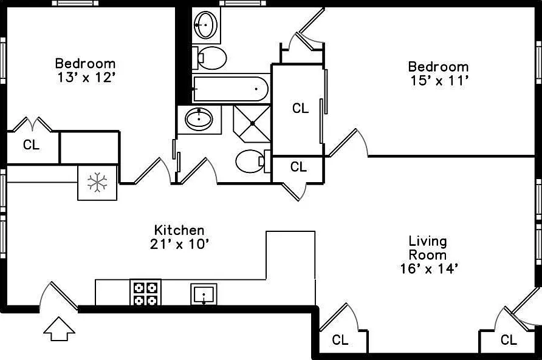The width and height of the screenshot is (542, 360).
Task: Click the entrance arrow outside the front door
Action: click(59, 329)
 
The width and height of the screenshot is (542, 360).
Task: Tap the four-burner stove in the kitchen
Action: click(145, 292)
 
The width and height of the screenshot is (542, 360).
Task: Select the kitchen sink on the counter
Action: click(204, 294)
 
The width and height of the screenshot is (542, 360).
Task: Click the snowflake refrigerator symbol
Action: click(97, 182)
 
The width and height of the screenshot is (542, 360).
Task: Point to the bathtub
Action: click(231, 89)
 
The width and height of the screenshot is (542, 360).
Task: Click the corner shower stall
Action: click(252, 124)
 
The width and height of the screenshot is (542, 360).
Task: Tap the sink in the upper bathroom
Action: click(206, 25)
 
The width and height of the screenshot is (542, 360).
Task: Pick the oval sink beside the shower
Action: click(199, 119)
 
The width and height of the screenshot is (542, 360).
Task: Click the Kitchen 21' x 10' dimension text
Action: click(179, 237)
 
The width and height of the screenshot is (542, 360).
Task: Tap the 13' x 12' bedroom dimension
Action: click(86, 77)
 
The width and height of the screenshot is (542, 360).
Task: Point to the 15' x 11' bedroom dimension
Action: click(439, 81)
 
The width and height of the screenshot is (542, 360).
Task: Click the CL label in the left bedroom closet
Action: click(31, 144)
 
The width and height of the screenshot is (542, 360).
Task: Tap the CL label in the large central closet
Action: click(300, 108)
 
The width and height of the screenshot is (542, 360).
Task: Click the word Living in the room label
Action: click(428, 242)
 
